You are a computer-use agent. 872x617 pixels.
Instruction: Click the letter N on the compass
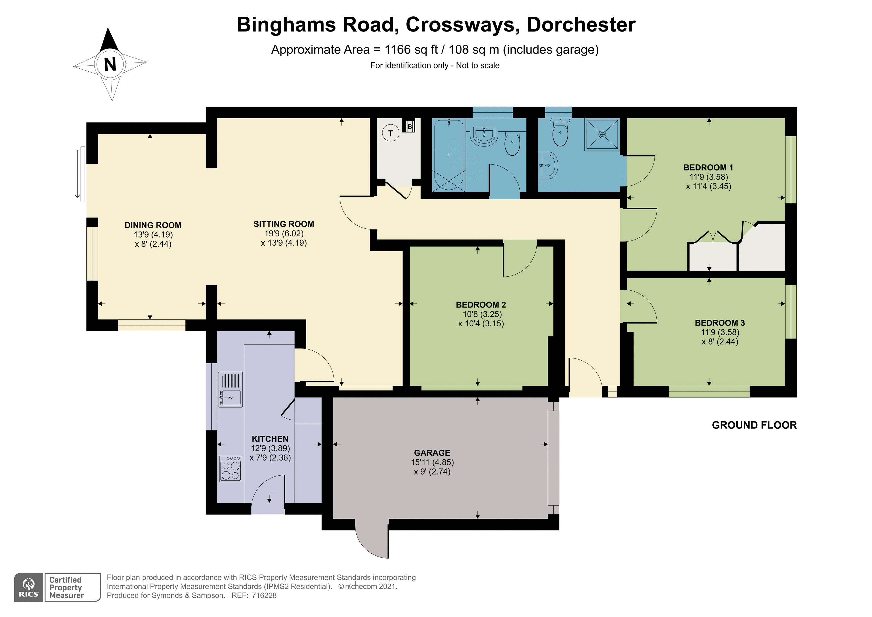pyautogui.click(x=110, y=64)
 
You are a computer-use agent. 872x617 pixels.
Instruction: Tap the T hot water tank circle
pyautogui.click(x=391, y=133)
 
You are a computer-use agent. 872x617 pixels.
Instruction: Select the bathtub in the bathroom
pyautogui.click(x=449, y=155)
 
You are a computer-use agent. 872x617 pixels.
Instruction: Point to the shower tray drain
pyautogui.click(x=602, y=135)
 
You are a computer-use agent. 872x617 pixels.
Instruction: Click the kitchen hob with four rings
pyautogui.click(x=231, y=470)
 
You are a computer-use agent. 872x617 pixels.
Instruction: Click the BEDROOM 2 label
pyautogui.click(x=481, y=305)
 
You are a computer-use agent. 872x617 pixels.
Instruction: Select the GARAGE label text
pyautogui.click(x=432, y=453)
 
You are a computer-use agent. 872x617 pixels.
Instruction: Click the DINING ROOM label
pyautogui.click(x=153, y=225)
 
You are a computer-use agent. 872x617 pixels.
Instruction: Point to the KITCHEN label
pyautogui.click(x=270, y=439)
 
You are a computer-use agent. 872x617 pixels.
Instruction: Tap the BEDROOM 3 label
pyautogui.click(x=720, y=323)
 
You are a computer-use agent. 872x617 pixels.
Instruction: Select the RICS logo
pyautogui.click(x=29, y=588)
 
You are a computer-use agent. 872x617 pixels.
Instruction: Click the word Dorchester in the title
pyautogui.click(x=581, y=25)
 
